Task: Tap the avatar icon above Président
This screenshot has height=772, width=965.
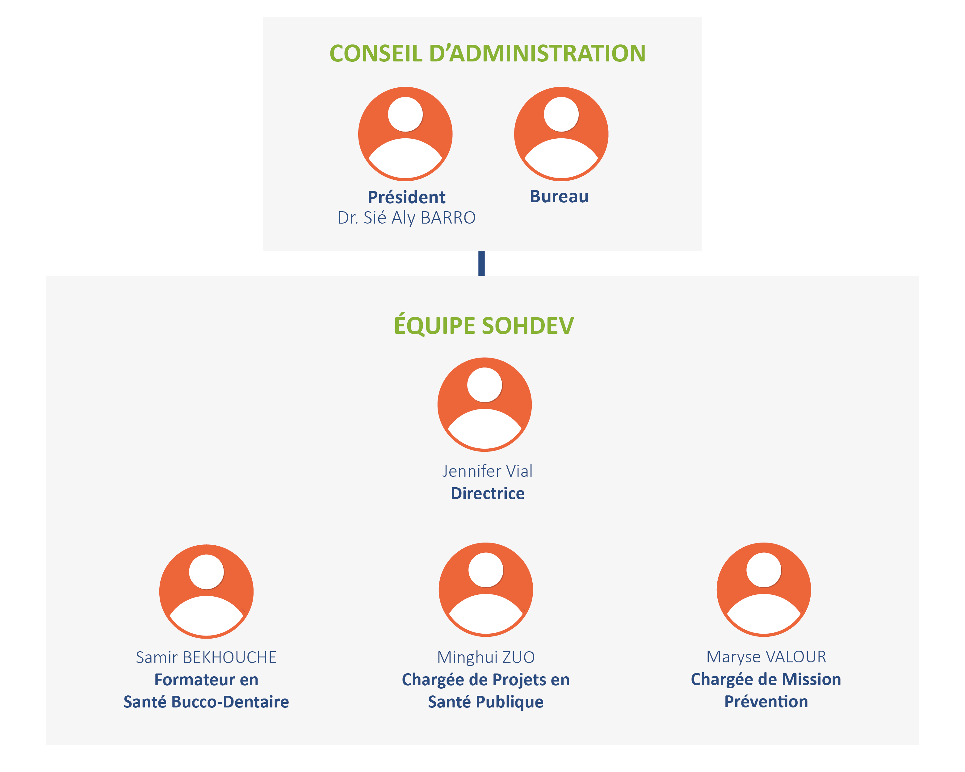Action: pos(405,134)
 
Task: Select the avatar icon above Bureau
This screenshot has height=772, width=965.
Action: pos(561,134)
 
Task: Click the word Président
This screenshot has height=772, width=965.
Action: pos(406,197)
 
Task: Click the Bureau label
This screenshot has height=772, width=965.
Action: pos(559,196)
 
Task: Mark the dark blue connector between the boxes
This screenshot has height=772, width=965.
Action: pos(482,264)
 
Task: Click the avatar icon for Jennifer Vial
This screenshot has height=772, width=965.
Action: pos(485,405)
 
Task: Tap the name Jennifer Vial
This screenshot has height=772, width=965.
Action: pos(487,471)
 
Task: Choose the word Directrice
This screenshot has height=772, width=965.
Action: pos(487,493)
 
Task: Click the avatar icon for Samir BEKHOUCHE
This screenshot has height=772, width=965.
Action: pos(206,591)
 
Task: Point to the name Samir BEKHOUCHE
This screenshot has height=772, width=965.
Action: pos(206,657)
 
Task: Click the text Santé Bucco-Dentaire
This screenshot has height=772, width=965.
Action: pos(206,702)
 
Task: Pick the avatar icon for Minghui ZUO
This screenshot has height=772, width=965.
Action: pos(486,589)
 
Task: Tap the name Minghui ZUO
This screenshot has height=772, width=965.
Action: pos(486,657)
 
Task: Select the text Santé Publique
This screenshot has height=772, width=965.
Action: pos(486,702)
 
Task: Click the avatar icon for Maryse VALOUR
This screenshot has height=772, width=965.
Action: pos(764,589)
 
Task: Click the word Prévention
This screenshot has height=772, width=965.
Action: pos(766,701)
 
